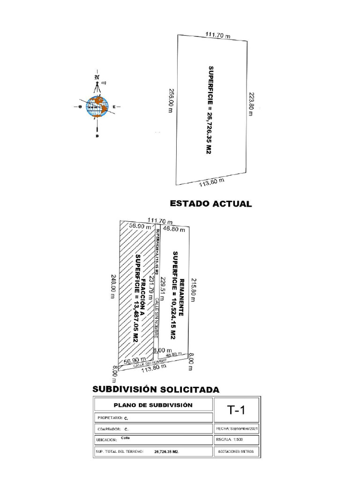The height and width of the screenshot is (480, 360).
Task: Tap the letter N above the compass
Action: coord(97,78)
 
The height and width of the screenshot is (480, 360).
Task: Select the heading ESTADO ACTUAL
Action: coord(210,204)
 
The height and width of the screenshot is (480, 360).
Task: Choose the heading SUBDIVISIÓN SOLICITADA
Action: coord(156,390)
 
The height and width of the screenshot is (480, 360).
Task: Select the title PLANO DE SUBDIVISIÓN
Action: coord(153,405)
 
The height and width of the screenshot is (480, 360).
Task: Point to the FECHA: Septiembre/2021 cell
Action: coord(237,428)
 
